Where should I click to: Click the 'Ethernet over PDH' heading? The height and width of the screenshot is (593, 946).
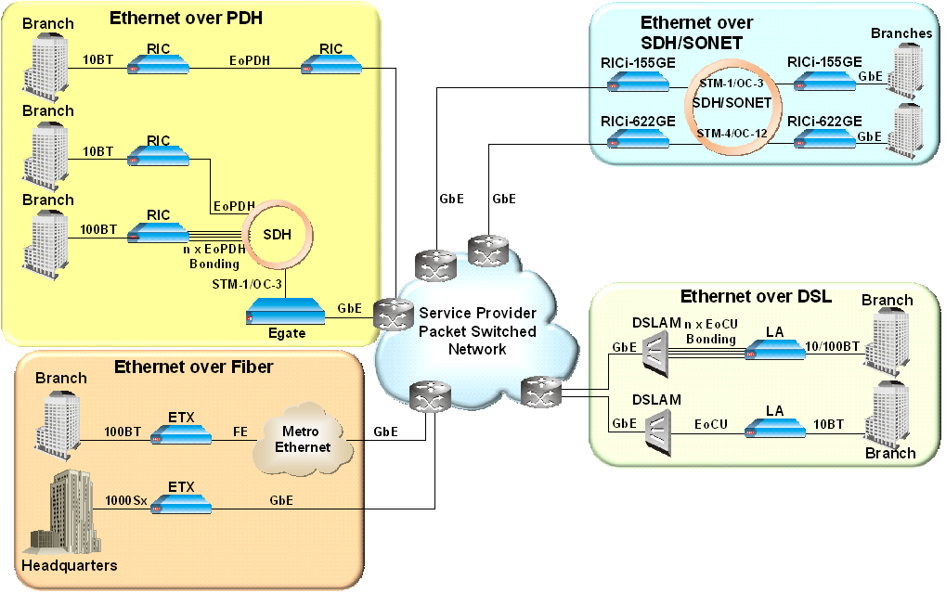[x=174, y=18]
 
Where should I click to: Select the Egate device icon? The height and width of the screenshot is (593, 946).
[x=285, y=316]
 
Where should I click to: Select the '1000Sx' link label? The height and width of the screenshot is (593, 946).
[x=126, y=499]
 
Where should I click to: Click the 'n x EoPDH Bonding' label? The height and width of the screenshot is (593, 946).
[x=214, y=257]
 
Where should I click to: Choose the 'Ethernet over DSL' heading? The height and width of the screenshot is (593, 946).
[x=756, y=297]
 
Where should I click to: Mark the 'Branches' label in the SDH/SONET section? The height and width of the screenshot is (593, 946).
[x=901, y=33]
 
